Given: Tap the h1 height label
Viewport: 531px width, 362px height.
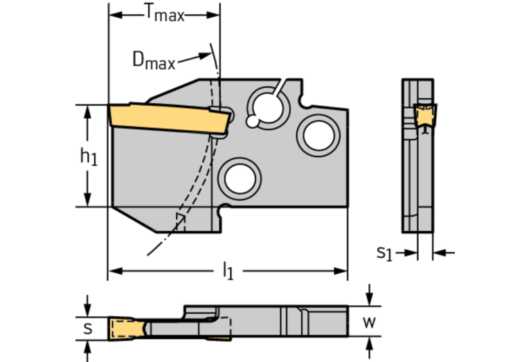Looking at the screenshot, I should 88,158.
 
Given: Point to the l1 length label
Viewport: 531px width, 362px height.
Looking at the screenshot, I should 227,272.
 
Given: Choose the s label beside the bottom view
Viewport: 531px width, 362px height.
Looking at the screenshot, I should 87,328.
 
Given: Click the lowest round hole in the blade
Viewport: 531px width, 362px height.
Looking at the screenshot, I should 239,177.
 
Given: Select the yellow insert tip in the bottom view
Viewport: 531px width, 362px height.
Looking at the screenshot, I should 125,327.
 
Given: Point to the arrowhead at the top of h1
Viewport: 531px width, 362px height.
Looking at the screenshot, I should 88,110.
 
